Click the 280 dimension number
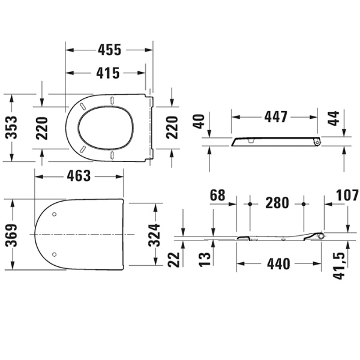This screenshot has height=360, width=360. coord(277,203)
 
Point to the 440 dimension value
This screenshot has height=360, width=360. coord(278,263)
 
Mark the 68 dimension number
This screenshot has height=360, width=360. coord(217,194)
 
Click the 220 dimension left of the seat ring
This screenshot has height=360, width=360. coord(42,127)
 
